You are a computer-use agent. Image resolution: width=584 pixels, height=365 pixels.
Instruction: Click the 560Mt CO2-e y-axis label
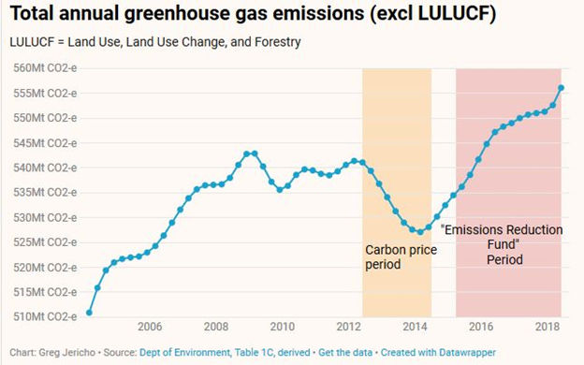coord(45,68)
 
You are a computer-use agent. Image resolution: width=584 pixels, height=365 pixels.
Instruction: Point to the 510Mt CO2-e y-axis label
coord(45,316)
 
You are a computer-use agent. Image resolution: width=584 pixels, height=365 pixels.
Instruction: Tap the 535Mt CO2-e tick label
coord(45,193)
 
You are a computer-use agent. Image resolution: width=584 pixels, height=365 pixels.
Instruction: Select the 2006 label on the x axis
coord(150,327)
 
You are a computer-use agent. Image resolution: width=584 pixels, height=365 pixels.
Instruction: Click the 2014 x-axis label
coord(415,327)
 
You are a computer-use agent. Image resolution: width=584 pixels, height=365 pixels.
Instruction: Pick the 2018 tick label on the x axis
coord(547,327)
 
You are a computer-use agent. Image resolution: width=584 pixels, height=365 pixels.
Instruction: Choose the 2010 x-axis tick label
coord(283,327)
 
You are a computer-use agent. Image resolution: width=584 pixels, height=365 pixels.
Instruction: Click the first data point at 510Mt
coord(89,313)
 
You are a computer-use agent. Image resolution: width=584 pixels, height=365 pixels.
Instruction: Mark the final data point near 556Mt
coord(561,88)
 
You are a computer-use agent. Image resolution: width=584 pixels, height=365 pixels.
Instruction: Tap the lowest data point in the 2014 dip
coord(420,232)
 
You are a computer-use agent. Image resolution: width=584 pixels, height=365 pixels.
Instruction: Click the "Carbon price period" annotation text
coord(401,257)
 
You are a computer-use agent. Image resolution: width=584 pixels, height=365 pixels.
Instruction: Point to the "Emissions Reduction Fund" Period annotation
coord(502,244)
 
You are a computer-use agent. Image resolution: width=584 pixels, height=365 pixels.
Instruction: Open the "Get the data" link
coord(345,352)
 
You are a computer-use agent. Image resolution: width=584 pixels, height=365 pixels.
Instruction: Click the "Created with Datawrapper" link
coord(438,352)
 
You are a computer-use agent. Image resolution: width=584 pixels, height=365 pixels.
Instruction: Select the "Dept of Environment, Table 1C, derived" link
coord(225,352)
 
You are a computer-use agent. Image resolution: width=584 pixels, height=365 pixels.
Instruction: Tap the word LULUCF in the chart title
coord(454,13)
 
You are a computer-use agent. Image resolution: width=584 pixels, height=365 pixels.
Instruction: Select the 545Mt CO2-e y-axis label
coord(45,143)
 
